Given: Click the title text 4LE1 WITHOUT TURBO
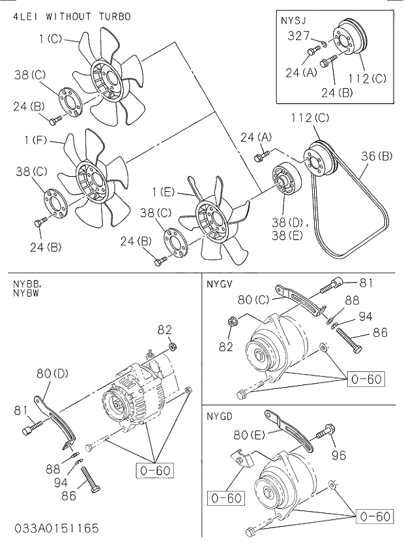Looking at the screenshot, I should (x=72, y=16).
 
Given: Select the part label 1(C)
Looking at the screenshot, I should (x=50, y=39).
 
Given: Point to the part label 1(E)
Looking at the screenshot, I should (x=166, y=192).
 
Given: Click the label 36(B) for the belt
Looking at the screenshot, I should (x=376, y=156).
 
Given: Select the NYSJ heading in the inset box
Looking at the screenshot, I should (x=293, y=21).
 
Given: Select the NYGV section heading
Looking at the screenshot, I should (x=220, y=284).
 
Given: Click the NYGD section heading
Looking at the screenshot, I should (x=220, y=416).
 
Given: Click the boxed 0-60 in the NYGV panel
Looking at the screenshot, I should (x=366, y=379).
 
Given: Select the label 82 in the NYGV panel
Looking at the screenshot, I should (x=225, y=347).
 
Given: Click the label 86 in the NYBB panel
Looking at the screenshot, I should (x=68, y=495).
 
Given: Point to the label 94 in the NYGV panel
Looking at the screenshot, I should (x=366, y=317).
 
